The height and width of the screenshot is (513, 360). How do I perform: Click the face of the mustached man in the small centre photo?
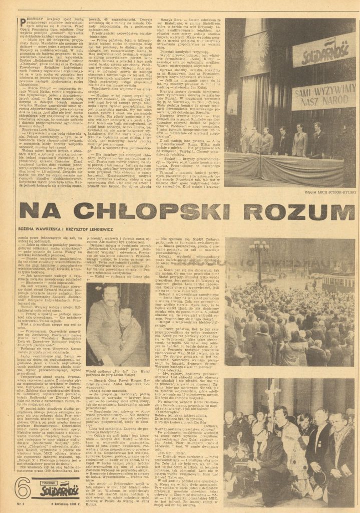111,295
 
